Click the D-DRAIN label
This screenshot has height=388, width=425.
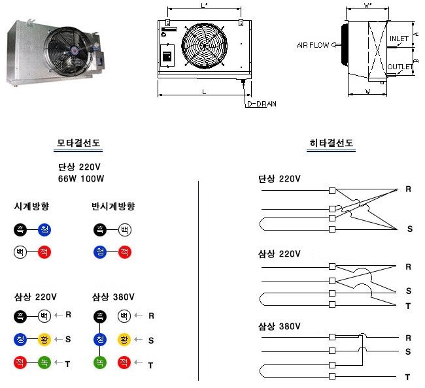pyautogui.click(x=261, y=104)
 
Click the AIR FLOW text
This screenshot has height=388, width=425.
pyautogui.click(x=313, y=45)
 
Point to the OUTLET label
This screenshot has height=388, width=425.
pyautogui.click(x=399, y=67)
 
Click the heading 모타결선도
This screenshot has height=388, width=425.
pyautogui.click(x=78, y=144)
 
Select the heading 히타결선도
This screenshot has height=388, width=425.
pyautogui.click(x=331, y=144)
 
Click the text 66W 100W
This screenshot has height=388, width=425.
pyautogui.click(x=81, y=178)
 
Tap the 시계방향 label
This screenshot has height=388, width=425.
pyautogui.click(x=32, y=206)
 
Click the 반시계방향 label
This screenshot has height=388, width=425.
pyautogui.click(x=113, y=206)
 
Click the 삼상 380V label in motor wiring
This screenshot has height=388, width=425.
pyautogui.click(x=113, y=297)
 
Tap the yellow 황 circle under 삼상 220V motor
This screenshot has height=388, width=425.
pyautogui.click(x=44, y=340)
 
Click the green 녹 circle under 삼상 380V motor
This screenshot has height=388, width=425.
pyautogui.click(x=100, y=363)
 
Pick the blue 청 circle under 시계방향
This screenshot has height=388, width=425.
pyautogui.click(x=44, y=229)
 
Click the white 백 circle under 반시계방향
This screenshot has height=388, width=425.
pyautogui.click(x=124, y=229)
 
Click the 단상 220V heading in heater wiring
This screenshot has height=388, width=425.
pyautogui.click(x=279, y=178)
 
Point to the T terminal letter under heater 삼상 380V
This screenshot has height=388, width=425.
pyautogui.click(x=407, y=378)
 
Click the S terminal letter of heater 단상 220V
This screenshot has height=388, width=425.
pyautogui.click(x=410, y=229)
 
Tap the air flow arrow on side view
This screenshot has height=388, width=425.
pyautogui.click(x=335, y=45)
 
